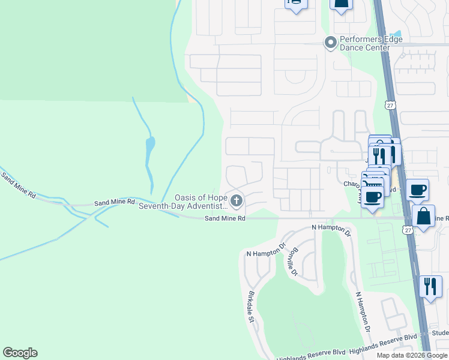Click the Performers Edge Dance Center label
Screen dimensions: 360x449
(361, 43)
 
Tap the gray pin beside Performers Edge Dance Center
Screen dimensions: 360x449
(330, 43)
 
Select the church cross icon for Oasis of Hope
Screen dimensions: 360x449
(237, 200)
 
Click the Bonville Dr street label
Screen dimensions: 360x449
(292, 262)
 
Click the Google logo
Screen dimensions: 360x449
(20, 353)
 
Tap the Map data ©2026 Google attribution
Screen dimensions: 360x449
(412, 355)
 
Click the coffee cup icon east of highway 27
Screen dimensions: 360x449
(417, 190)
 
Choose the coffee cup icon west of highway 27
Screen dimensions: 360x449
(372, 196)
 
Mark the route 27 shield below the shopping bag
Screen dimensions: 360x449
(408, 230)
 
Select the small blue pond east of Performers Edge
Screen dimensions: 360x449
(394, 34)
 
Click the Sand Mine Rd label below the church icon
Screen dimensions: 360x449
(225, 219)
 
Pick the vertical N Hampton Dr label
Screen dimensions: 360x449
(362, 311)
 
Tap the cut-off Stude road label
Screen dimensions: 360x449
(439, 332)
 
